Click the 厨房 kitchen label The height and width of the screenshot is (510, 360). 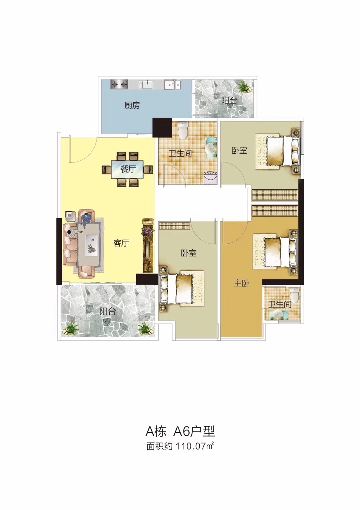tap(132, 105)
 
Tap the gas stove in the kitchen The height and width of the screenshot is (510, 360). tap(119, 85)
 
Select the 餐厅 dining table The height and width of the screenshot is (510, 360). tap(127, 170)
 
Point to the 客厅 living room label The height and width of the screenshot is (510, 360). tap(121, 243)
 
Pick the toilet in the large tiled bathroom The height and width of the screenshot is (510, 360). tap(182, 131)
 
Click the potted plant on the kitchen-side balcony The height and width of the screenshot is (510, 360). tap(243, 87)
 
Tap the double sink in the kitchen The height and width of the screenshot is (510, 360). tap(172, 85)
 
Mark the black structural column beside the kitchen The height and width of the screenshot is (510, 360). tap(162, 127)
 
